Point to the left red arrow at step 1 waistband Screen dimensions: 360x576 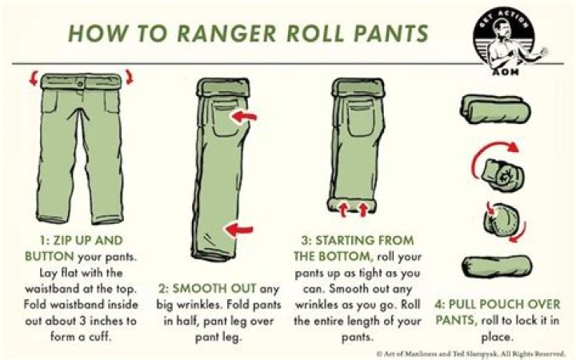click(x=33, y=78)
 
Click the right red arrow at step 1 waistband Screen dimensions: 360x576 click(x=129, y=78)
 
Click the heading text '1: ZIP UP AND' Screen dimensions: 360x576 click(x=82, y=240)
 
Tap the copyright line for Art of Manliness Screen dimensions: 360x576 click(x=471, y=352)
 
